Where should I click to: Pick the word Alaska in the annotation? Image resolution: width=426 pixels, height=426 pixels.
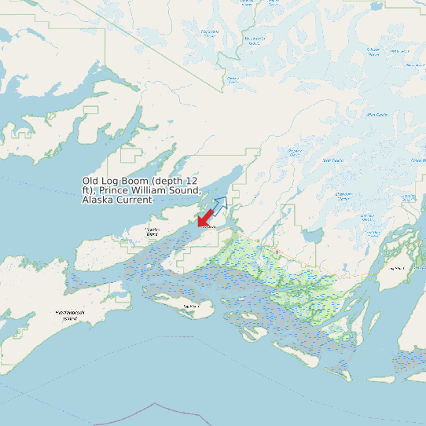click(x=97, y=200)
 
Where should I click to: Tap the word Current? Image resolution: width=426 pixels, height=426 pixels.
click(x=134, y=200)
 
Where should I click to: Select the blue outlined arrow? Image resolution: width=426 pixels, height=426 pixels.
click(x=219, y=206)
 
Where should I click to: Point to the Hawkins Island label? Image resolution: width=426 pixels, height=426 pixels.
click(x=152, y=233)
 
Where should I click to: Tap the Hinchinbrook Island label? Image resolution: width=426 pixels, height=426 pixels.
click(x=70, y=314)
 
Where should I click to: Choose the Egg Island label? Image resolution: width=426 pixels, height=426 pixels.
click(x=188, y=305)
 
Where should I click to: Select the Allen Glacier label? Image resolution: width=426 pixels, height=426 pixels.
click(x=376, y=115)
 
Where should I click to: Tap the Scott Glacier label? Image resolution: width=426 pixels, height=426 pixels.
click(x=295, y=152)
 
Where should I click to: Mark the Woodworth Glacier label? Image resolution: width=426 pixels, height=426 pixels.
click(x=255, y=41)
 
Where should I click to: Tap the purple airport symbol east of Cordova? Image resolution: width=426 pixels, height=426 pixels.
click(x=277, y=252)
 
